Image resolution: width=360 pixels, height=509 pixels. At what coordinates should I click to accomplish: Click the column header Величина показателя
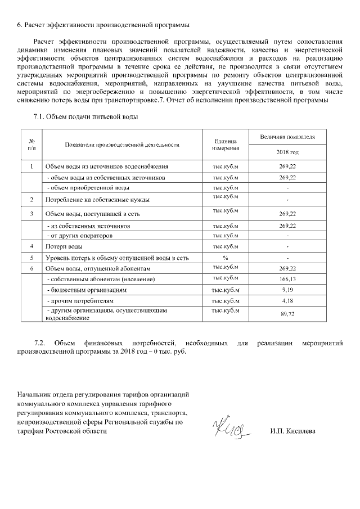tap(287, 137)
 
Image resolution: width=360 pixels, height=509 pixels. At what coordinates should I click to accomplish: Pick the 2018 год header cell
tap(287, 152)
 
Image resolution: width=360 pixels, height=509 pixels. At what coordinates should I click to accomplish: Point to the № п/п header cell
tap(31, 145)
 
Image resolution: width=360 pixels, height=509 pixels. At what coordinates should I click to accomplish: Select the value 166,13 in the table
tap(287, 280)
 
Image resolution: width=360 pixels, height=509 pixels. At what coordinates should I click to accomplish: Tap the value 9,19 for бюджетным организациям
tap(287, 290)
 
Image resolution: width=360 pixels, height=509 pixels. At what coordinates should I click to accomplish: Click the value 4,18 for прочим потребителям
tap(287, 301)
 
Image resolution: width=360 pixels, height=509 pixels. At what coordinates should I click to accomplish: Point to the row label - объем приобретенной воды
tap(88, 187)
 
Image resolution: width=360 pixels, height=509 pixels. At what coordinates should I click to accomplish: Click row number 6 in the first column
tap(31, 269)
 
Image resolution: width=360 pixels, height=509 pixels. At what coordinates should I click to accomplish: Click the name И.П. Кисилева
tap(293, 431)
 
